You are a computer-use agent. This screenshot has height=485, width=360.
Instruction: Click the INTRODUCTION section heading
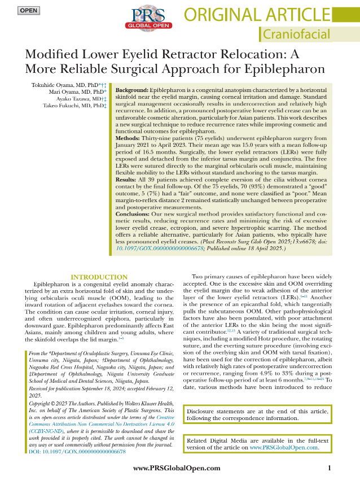[99, 277]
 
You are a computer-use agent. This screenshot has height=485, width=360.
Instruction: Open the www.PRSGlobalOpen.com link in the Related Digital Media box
[284, 448]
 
